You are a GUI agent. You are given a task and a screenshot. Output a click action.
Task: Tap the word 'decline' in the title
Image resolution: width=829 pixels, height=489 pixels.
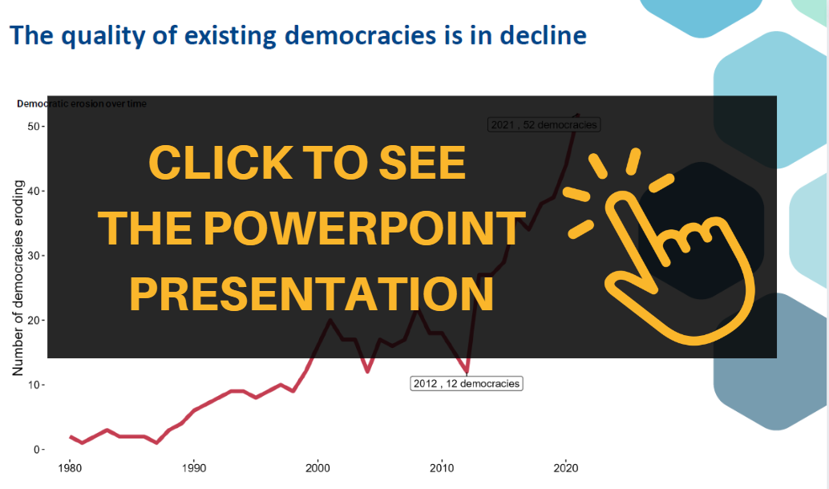(543, 35)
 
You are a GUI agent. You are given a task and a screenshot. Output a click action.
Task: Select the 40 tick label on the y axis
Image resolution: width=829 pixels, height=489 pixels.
(34, 191)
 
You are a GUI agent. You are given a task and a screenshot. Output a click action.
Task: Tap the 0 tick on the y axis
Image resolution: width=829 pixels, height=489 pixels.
(37, 450)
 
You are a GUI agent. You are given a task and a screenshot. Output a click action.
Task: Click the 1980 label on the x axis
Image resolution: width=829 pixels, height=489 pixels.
(70, 468)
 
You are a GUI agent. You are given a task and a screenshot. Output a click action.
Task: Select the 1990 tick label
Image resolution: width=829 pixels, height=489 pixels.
(194, 468)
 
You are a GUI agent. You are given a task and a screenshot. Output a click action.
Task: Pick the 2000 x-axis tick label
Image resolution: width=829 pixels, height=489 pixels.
(317, 468)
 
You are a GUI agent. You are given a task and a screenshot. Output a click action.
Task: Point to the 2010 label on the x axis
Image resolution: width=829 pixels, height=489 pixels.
(442, 468)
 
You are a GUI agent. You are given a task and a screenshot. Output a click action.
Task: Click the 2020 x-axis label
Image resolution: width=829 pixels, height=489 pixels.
(566, 468)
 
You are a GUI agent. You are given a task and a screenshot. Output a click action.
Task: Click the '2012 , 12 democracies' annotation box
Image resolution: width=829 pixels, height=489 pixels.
(467, 383)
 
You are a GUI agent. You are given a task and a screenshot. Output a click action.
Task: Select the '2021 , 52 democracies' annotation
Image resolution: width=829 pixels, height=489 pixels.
(544, 125)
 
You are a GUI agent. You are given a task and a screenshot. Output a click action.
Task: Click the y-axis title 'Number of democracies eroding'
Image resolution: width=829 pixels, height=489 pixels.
(18, 278)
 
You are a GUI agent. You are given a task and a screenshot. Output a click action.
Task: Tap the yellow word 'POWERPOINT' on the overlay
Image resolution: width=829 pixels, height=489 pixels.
(312, 228)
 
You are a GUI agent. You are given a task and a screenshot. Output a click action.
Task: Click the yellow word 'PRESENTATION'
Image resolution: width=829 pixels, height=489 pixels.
(312, 294)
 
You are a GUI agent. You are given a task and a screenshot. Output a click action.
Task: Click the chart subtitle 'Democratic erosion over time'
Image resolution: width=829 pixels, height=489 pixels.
(82, 103)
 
